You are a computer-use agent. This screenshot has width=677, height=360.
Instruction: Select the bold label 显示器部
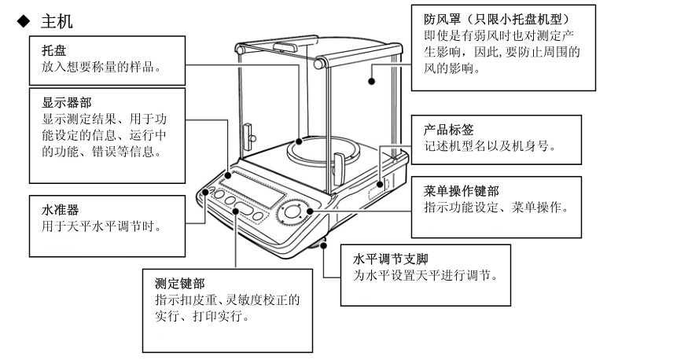(x=64, y=102)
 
